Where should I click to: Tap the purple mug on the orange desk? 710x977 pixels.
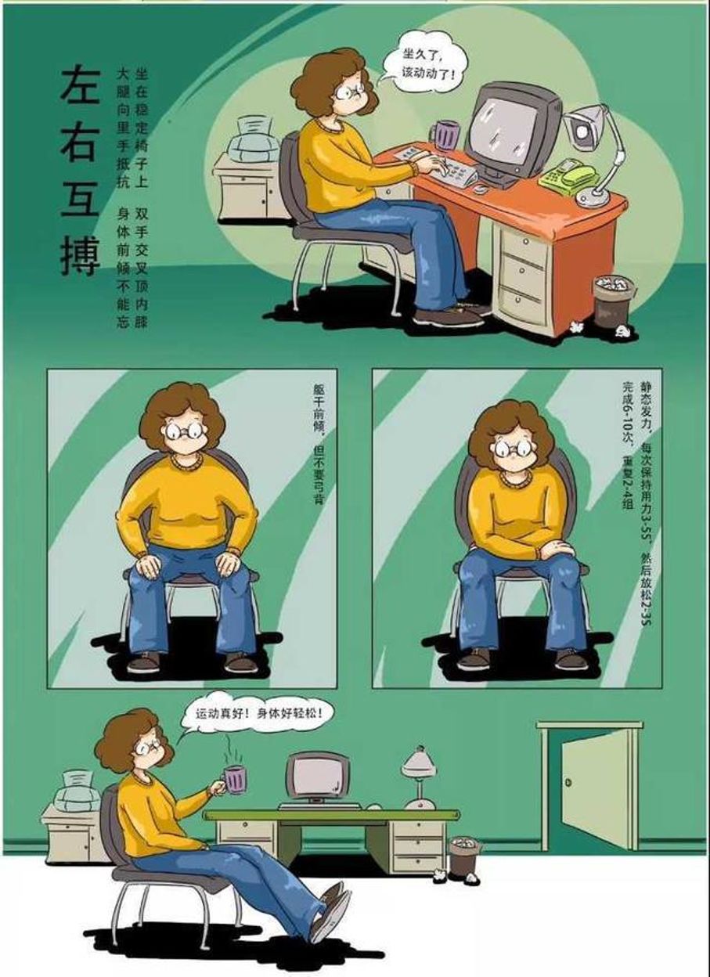point(445,135)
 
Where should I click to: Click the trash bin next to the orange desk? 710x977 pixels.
point(614,301)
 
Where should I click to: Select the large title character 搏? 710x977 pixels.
point(81,256)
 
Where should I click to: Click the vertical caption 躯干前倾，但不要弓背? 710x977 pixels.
point(319,444)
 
